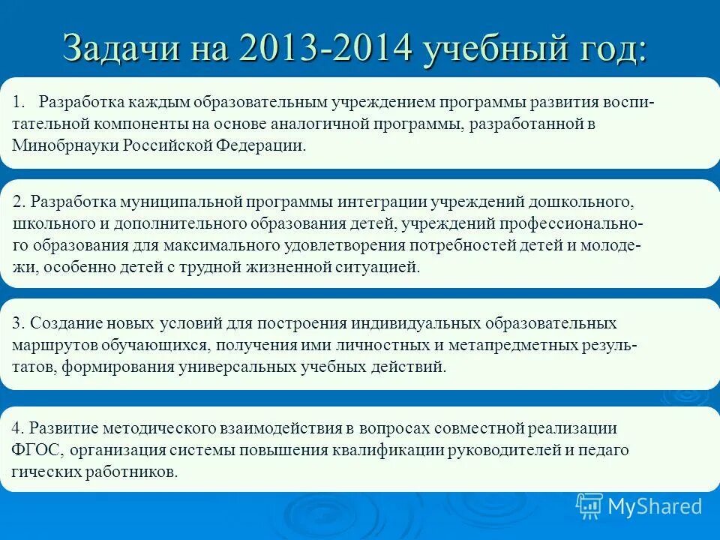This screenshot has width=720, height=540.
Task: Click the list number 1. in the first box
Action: point(20,102)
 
